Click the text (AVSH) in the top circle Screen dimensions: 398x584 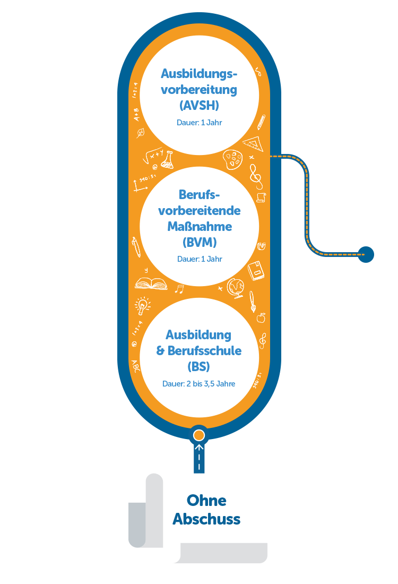[x=199, y=106]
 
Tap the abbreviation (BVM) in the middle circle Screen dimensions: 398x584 [x=200, y=243]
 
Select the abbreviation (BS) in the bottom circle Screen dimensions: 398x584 [x=199, y=366]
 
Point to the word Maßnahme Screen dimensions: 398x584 [x=200, y=227]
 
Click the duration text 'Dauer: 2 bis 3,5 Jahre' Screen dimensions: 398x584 [x=199, y=384]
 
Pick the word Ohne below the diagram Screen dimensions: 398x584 [x=206, y=501]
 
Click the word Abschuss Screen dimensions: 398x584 [x=206, y=519]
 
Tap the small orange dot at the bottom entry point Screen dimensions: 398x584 [x=199, y=435]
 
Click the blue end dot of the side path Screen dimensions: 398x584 [x=366, y=255]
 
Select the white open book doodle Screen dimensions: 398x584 [x=151, y=284]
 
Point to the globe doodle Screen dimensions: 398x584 [x=236, y=288]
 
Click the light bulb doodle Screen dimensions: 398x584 [x=142, y=305]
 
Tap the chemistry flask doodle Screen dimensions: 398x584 [x=167, y=160]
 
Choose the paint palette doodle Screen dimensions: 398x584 [x=232, y=159]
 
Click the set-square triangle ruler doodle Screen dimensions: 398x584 [x=254, y=144]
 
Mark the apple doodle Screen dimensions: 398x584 [x=261, y=317]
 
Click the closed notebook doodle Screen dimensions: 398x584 [x=256, y=271]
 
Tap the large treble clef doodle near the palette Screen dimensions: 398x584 [x=256, y=177]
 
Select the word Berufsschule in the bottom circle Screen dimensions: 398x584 [x=204, y=350]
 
